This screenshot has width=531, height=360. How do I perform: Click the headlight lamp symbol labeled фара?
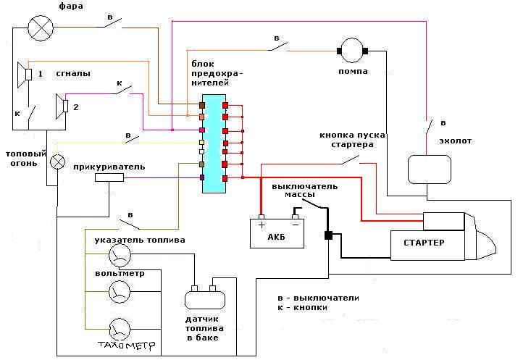tap(38, 28)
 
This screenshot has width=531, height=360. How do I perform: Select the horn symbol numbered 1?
tap(24, 74)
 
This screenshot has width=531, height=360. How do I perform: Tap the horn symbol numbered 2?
tap(62, 106)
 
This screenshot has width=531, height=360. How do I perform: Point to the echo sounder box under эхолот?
tap(429, 169)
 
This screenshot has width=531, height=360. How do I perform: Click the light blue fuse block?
tap(214, 143)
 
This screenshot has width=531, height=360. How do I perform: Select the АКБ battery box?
tap(277, 233)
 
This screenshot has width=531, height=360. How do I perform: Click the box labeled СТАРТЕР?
tap(427, 242)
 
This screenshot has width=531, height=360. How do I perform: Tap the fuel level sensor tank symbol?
tap(202, 298)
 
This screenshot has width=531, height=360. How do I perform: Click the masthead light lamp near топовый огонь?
tap(57, 162)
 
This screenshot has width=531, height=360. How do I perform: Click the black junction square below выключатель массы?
tap(328, 235)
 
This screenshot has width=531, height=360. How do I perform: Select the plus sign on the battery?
tap(261, 224)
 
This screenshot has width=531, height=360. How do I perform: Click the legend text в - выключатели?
tap(318, 298)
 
